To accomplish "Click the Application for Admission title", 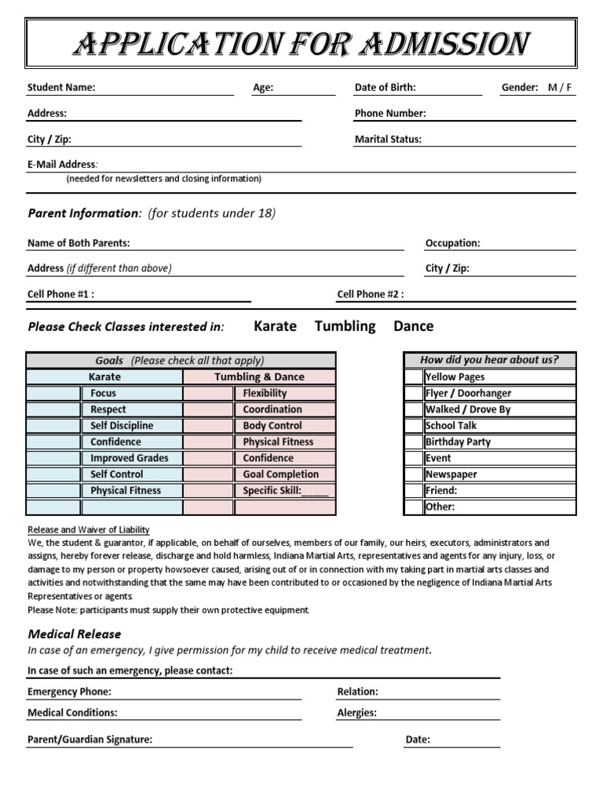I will (x=301, y=45).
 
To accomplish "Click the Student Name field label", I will (x=61, y=87).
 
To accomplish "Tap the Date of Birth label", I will (x=385, y=87).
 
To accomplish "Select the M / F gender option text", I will (x=561, y=87).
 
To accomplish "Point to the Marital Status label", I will (x=388, y=139).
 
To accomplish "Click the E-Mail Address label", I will (x=63, y=164).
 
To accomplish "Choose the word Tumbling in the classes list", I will (x=345, y=326).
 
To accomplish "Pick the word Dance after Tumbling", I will (x=413, y=326).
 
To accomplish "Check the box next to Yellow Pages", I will (x=414, y=377).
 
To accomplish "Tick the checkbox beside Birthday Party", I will (x=414, y=441).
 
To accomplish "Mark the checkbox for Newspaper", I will (x=414, y=474).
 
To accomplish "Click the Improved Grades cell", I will (x=130, y=458).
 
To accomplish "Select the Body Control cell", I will (x=272, y=426).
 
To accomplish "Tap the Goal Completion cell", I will (x=281, y=474).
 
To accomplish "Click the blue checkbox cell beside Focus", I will (x=53, y=394).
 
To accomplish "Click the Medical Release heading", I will (x=75, y=634).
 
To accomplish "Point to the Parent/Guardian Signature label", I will (x=90, y=739).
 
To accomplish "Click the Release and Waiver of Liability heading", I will (x=88, y=529).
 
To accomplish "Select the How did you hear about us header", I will (x=489, y=360).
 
